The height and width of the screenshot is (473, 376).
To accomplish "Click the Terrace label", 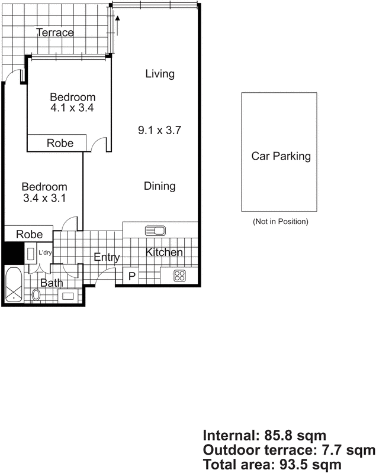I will click(55, 33).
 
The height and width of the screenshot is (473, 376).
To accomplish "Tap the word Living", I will click(160, 74).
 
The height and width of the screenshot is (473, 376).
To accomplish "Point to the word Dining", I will click(160, 186).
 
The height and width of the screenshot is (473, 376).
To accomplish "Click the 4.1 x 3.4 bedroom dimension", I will click(72, 108).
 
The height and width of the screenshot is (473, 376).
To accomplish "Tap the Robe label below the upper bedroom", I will click(60, 143).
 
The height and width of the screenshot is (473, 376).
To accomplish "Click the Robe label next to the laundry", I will click(29, 234).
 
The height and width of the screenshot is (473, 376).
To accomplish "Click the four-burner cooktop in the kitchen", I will click(179, 275).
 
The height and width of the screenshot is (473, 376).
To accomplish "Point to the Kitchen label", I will click(165, 252).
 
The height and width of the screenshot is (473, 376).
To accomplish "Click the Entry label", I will click(107, 257).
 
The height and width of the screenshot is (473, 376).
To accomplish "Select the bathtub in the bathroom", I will click(14, 286).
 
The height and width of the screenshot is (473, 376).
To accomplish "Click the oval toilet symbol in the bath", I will click(37, 294).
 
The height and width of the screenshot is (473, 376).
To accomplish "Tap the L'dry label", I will click(45, 253).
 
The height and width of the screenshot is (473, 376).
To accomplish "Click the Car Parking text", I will click(281, 157).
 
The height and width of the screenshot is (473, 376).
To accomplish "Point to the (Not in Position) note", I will click(280, 222).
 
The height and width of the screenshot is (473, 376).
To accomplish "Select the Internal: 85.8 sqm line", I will click(263, 436).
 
